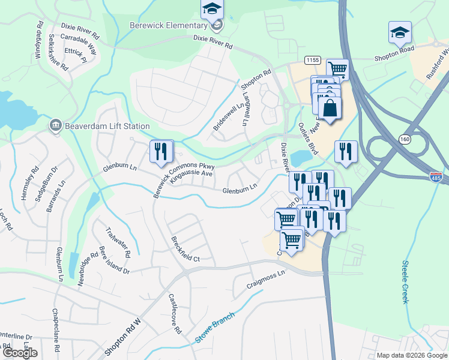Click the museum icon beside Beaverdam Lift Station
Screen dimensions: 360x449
tap(55, 125)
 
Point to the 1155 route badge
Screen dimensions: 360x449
tap(312, 60)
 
